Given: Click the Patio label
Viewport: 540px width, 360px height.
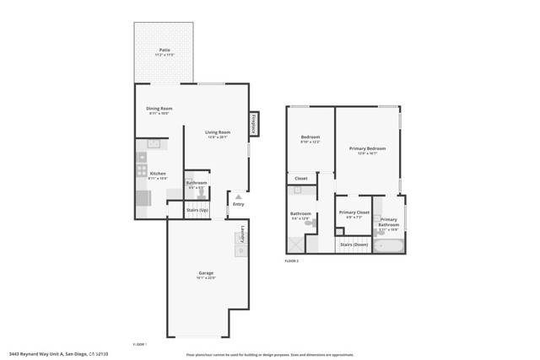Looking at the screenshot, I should (x=165, y=51).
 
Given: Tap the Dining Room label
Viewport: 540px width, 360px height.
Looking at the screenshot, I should (x=159, y=109).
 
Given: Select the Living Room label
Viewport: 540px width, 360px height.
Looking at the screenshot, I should (x=218, y=132).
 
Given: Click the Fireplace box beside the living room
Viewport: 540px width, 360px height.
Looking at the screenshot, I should (x=252, y=124).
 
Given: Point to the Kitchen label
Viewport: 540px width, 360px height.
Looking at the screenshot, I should (x=158, y=174).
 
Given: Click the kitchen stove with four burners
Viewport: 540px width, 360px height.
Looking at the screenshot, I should (x=142, y=170).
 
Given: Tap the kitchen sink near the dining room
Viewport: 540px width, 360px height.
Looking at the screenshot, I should (x=154, y=144).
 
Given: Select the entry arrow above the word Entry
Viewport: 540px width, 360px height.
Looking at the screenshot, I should (x=238, y=196).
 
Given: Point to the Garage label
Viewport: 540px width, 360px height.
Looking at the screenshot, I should (x=206, y=273).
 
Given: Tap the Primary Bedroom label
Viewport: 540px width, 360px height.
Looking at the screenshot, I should (x=367, y=148).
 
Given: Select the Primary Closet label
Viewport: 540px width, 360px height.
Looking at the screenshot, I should (x=354, y=212).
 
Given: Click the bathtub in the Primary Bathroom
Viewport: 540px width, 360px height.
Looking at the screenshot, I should (x=389, y=246).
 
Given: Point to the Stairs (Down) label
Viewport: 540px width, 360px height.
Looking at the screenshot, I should (x=354, y=244).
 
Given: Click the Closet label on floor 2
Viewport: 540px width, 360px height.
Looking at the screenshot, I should (x=301, y=178).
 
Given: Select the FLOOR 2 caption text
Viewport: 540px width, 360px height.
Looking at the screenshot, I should (x=291, y=261).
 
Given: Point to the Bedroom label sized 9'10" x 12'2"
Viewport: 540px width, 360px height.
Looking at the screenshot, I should (x=310, y=137).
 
